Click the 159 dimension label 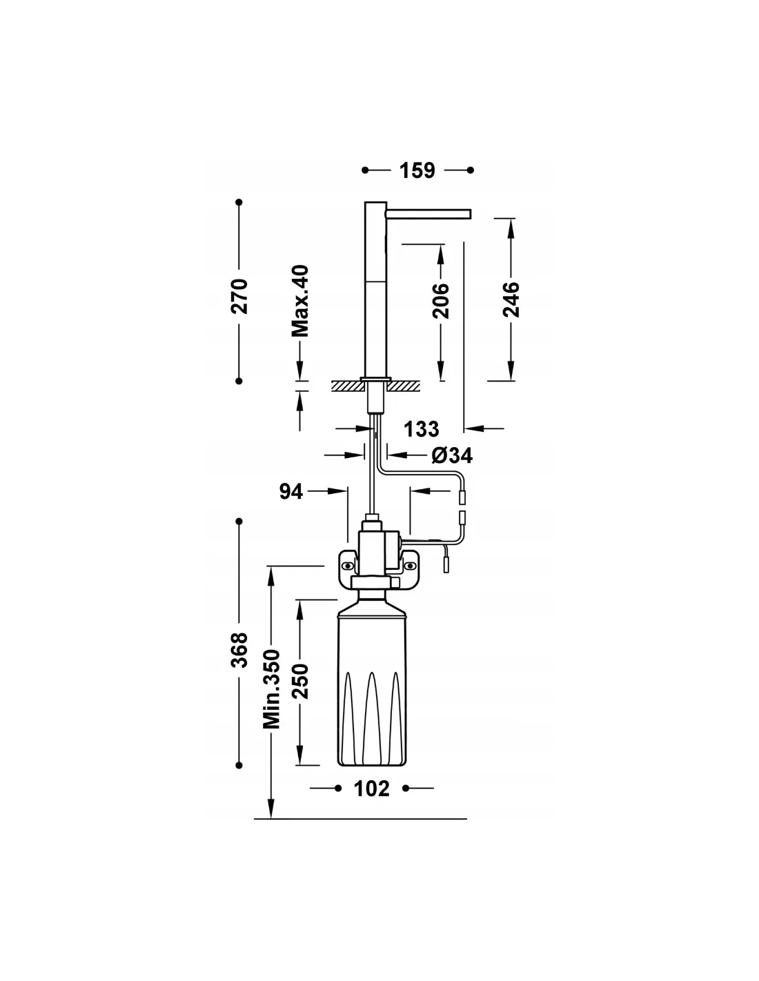click(416, 170)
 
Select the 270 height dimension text click(239, 296)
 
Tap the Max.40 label click(299, 301)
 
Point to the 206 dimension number click(441, 301)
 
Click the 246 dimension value click(511, 300)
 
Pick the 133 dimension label click(421, 429)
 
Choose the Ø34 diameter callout click(451, 455)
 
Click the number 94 click(290, 491)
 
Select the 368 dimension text click(239, 650)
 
